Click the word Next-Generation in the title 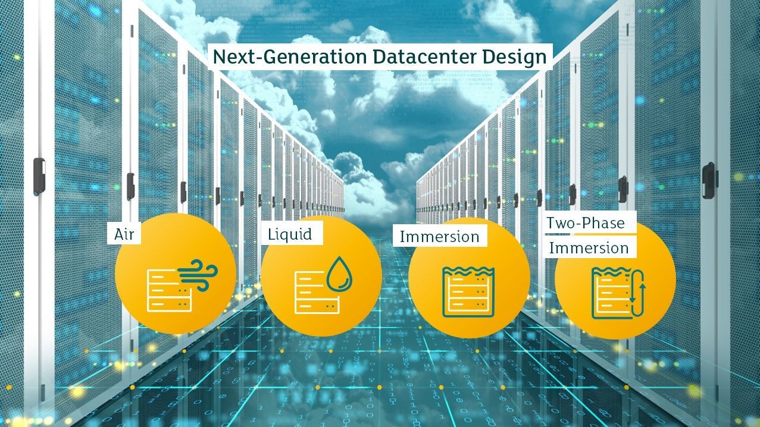click(289, 56)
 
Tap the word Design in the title click(515, 58)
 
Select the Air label click(124, 234)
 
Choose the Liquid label click(290, 234)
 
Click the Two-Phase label click(586, 223)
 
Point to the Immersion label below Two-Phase click(589, 248)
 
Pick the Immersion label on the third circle click(440, 237)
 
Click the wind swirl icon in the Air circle click(198, 275)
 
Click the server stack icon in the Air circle click(169, 291)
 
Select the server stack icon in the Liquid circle click(317, 293)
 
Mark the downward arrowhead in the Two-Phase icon click(633, 300)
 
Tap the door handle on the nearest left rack click(39, 177)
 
